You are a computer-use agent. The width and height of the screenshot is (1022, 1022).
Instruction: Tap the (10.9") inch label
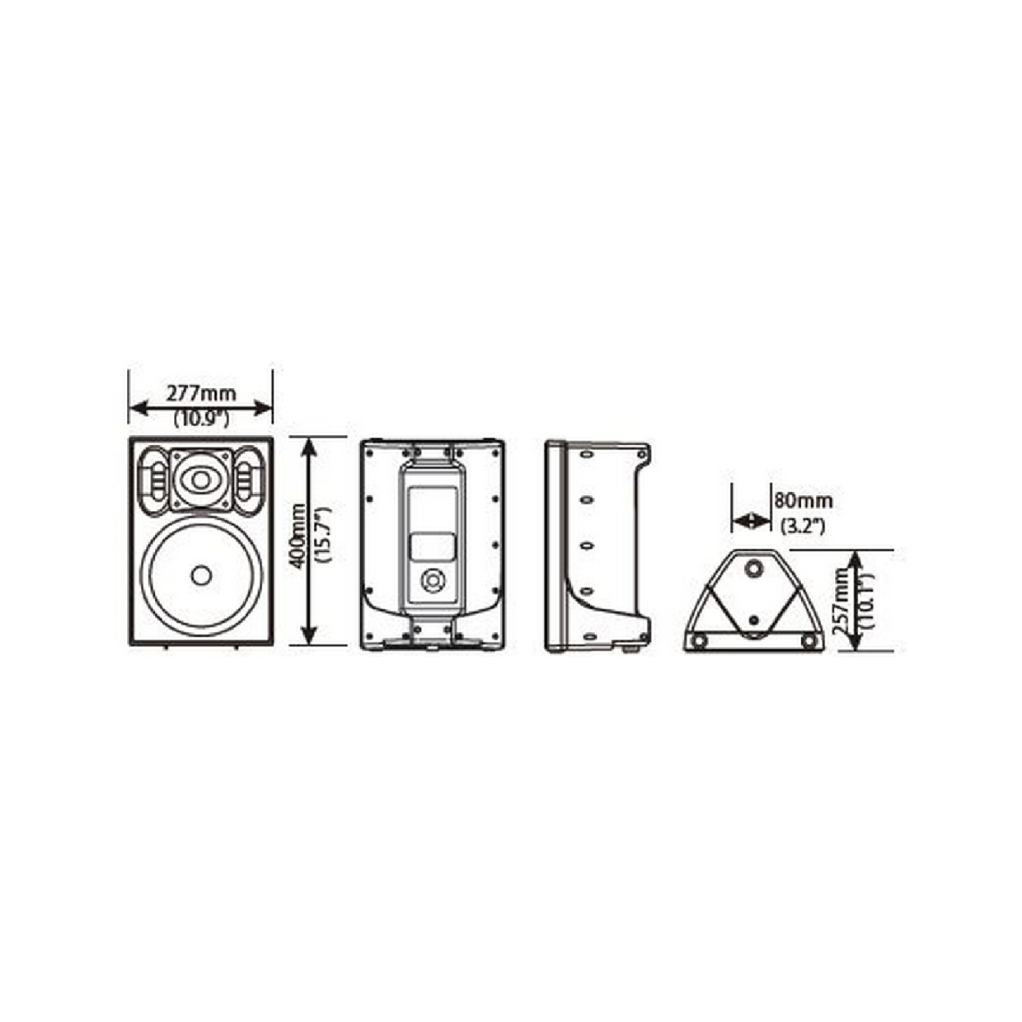point(202,419)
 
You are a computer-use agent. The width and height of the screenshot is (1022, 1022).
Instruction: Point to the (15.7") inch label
point(323,536)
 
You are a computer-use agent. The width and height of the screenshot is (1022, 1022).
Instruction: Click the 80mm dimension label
point(804,500)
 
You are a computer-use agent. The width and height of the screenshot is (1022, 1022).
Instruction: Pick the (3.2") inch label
point(804,527)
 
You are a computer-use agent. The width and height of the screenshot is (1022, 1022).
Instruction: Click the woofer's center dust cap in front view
point(201,575)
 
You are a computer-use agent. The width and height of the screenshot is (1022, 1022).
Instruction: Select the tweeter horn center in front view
point(201,480)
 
